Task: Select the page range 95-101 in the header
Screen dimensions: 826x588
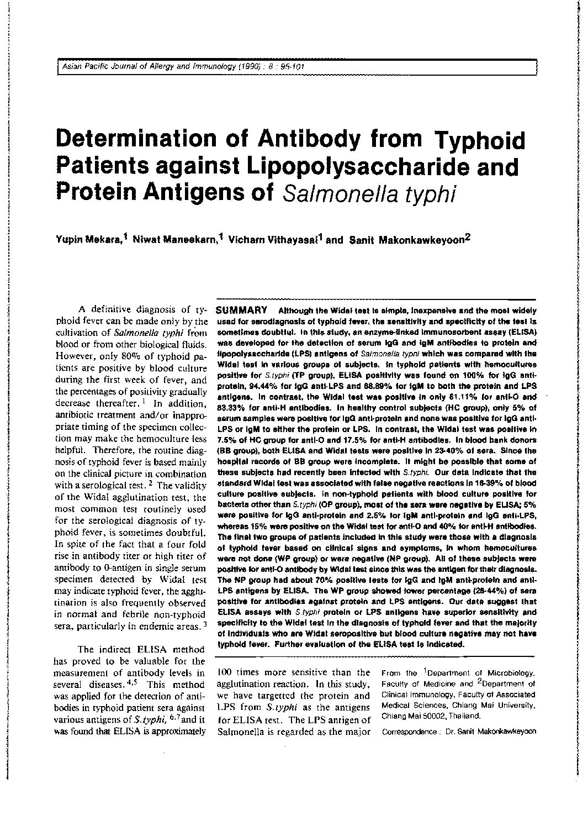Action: tap(288, 67)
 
